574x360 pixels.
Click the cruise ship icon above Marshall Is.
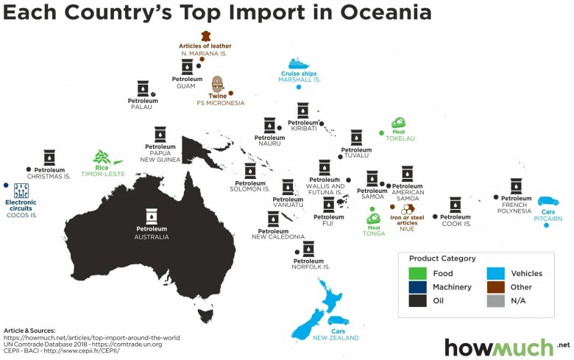300,63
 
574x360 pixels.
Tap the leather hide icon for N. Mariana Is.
205,36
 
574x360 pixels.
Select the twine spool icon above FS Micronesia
218,84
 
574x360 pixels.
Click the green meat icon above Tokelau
399,123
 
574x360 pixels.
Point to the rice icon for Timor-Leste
101,157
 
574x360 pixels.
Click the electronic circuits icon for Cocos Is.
21,190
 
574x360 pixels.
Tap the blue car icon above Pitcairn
548,201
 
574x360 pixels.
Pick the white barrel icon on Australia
152,216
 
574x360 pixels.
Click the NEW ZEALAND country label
336,337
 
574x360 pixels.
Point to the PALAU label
141,107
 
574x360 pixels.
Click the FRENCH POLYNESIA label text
516,207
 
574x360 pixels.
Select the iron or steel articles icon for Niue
407,209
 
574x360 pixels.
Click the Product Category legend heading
443,258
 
